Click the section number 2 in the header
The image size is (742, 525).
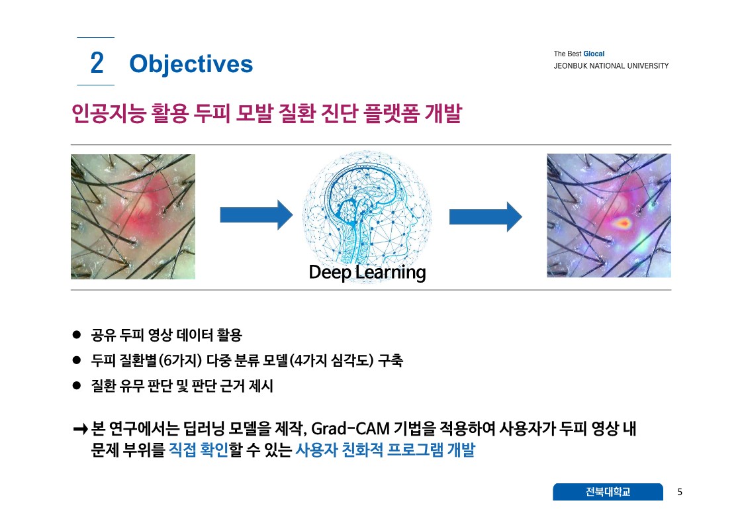(97, 63)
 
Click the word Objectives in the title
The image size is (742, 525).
(191, 64)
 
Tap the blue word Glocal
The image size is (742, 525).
(594, 54)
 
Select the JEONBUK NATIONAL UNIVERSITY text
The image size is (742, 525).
(611, 66)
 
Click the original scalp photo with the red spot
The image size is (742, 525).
(133, 216)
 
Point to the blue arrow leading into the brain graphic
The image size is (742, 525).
(256, 215)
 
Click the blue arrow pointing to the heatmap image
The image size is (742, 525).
(486, 216)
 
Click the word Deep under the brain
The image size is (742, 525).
(330, 273)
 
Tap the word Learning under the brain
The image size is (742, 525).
(391, 273)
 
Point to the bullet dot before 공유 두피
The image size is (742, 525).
(77, 335)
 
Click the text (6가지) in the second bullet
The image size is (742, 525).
(180, 361)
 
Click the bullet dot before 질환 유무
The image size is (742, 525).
(77, 385)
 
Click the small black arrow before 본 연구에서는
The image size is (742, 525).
(81, 430)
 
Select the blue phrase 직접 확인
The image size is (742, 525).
(199, 450)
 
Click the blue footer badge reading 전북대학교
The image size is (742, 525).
(608, 492)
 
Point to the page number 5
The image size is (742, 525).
(680, 492)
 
